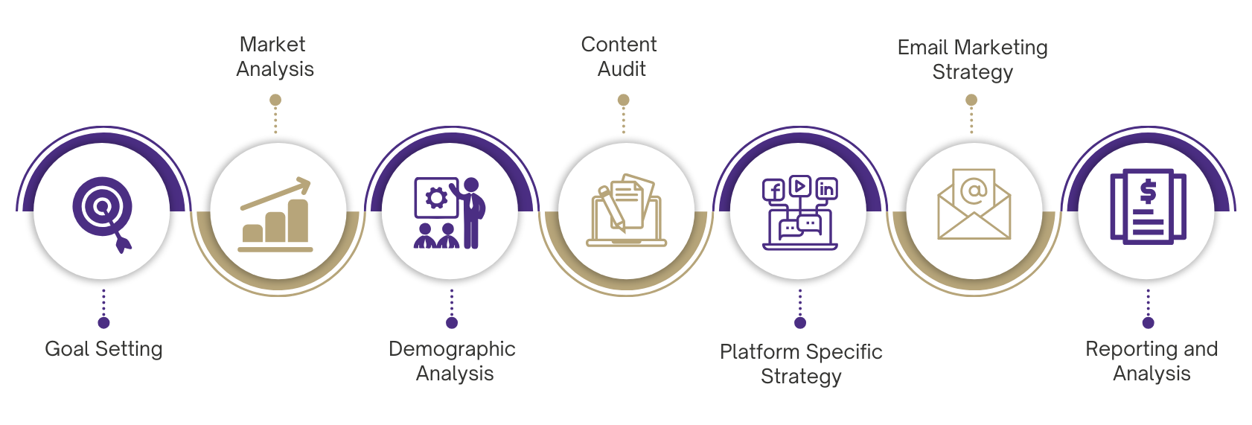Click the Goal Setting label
pyautogui.click(x=103, y=349)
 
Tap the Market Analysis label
pyautogui.click(x=275, y=57)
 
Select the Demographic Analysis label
pyautogui.click(x=452, y=361)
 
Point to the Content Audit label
pyautogui.click(x=620, y=57)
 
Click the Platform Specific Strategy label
pyautogui.click(x=801, y=364)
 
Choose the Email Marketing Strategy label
pyautogui.click(x=972, y=60)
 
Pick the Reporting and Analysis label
pyautogui.click(x=1151, y=361)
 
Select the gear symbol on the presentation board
pyautogui.click(x=435, y=197)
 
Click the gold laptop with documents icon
pyautogui.click(x=626, y=211)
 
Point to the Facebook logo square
pyautogui.click(x=773, y=191)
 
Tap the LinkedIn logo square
pyautogui.click(x=826, y=189)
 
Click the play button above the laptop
pyautogui.click(x=799, y=185)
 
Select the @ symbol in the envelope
pyautogui.click(x=974, y=191)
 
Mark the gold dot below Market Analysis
pyautogui.click(x=275, y=100)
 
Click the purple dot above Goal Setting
pyautogui.click(x=103, y=322)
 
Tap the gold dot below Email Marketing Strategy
pyautogui.click(x=971, y=100)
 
